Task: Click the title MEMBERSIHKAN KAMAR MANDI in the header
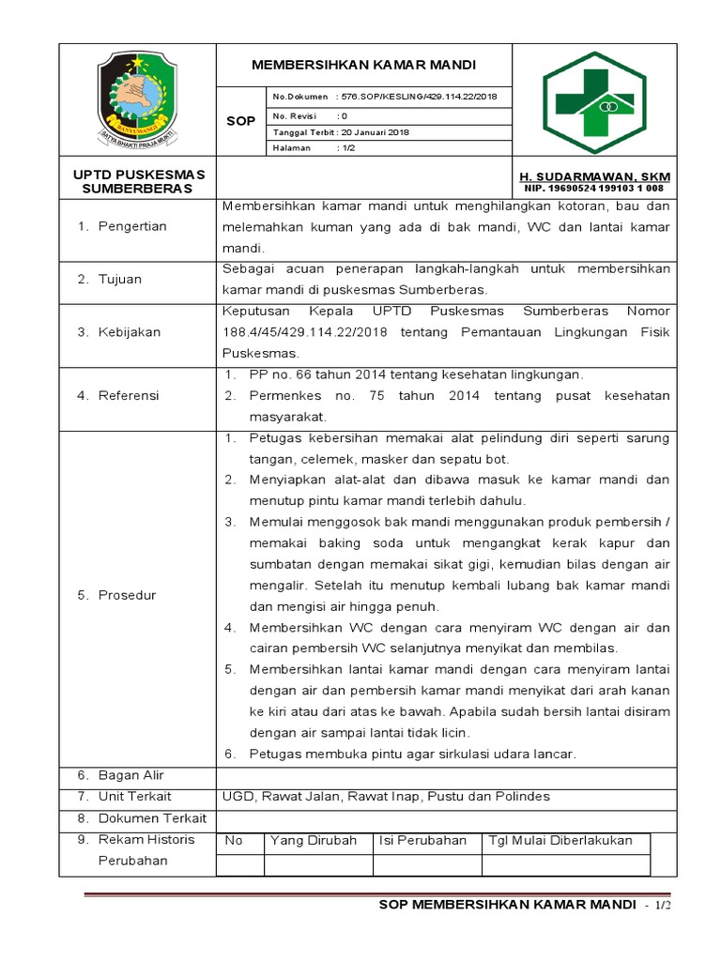363,65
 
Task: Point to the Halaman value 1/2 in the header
343,148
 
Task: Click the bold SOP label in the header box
240,121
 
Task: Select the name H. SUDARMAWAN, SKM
594,177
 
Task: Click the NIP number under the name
594,189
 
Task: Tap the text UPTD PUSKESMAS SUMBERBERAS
138,181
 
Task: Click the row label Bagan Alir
130,775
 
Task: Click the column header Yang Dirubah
314,841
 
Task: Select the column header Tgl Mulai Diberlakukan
560,841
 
